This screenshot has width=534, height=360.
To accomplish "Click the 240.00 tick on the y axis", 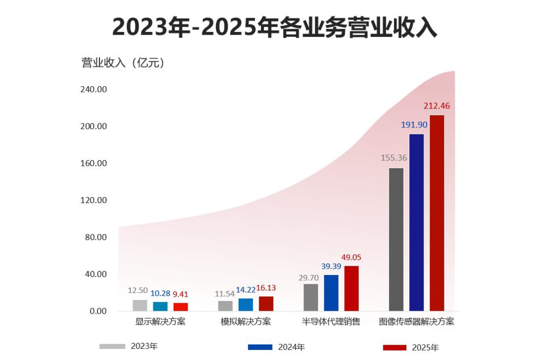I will [94, 90].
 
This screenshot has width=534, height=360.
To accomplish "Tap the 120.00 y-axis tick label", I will [94, 200].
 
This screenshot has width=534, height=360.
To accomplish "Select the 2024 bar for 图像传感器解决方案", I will [416, 222].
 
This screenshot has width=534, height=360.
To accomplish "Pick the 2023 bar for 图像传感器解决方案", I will [396, 239].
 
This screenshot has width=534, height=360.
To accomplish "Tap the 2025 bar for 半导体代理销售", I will [352, 288].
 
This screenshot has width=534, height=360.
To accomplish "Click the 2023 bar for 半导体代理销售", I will [311, 297].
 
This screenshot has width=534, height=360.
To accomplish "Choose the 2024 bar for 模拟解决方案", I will [246, 305].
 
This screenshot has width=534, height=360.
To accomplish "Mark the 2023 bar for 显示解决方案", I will [140, 306].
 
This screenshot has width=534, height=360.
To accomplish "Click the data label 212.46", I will [437, 106].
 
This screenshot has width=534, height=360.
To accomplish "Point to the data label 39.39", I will [331, 266].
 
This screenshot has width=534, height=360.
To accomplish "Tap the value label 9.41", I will [181, 294].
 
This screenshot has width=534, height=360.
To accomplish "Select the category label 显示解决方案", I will [160, 322].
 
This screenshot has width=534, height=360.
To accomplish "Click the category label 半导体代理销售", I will [331, 322].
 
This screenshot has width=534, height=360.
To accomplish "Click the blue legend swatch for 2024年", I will [260, 347].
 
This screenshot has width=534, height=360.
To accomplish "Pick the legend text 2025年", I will [425, 348].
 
